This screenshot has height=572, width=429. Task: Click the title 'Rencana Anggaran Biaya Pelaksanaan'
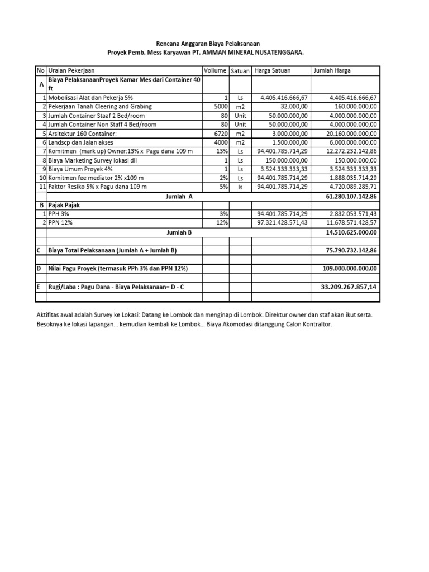[x=207, y=43]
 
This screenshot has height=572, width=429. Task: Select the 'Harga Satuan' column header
[x=273, y=70]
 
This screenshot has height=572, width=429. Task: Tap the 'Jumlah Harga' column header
[x=332, y=70]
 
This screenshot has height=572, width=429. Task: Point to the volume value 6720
[x=220, y=134]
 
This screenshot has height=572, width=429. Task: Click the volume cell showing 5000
[x=220, y=107]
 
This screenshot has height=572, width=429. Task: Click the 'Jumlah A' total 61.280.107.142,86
[x=351, y=197]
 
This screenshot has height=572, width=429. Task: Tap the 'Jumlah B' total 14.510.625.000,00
[x=351, y=232]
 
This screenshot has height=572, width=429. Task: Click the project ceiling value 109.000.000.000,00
[x=350, y=269]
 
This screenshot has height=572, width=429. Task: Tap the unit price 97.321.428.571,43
[x=282, y=223]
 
